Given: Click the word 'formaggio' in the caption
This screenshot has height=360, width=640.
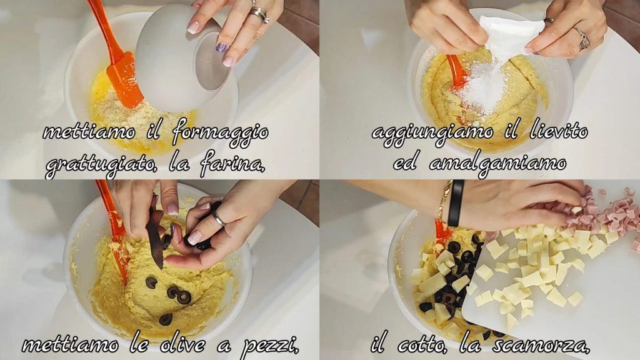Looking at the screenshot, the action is (x=221, y=133).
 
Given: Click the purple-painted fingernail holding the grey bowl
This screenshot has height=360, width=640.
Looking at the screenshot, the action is (x=221, y=47).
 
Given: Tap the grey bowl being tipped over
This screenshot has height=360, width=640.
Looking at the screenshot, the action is (x=182, y=57).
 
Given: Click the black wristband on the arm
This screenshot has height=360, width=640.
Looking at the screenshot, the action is (x=455, y=203).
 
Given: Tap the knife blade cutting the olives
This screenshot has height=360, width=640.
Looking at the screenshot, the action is (x=155, y=239).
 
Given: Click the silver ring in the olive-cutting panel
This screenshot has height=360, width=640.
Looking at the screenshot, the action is (x=218, y=218).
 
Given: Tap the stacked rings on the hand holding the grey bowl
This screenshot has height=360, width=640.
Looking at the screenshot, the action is (x=259, y=15).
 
